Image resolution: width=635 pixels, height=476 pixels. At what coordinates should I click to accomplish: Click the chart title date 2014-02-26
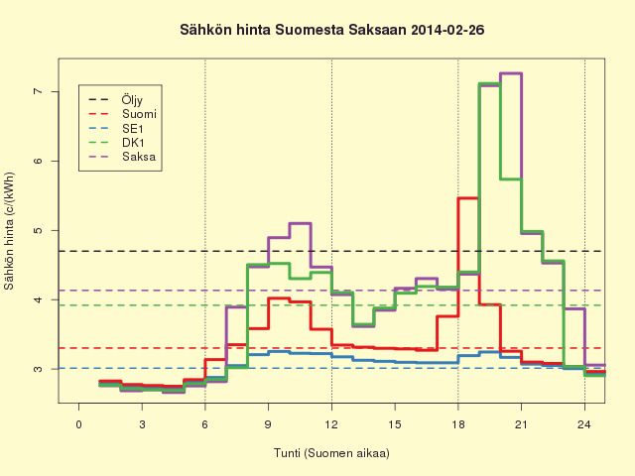[447, 30]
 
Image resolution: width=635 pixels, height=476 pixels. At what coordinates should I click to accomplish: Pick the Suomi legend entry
[122, 114]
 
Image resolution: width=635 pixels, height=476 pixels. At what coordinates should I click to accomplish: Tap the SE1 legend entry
[116, 129]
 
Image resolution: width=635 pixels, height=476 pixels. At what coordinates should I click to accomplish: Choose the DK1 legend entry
[116, 143]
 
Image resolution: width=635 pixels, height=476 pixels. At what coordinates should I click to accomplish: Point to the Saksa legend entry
[122, 157]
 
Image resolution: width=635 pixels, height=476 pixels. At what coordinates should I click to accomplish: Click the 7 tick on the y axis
[39, 91]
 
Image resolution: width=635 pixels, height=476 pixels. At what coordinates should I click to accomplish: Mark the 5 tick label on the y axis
[39, 230]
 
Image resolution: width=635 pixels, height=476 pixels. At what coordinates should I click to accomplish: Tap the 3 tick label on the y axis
[39, 369]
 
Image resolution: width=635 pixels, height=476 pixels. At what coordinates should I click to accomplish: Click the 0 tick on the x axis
[79, 424]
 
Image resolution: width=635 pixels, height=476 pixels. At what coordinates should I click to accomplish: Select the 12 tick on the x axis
[331, 424]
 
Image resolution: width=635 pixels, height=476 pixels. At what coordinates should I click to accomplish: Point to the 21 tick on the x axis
[522, 424]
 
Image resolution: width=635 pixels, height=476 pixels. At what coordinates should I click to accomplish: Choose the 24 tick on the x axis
[584, 424]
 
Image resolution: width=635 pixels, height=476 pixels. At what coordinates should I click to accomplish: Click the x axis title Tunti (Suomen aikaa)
[331, 453]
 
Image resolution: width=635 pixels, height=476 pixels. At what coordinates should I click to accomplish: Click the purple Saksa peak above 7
[511, 73]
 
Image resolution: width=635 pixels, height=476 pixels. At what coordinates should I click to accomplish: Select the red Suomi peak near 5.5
[468, 198]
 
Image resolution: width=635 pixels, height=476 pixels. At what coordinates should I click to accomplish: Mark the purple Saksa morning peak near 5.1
[300, 223]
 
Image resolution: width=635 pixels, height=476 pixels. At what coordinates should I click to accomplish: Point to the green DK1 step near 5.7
[511, 178]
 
